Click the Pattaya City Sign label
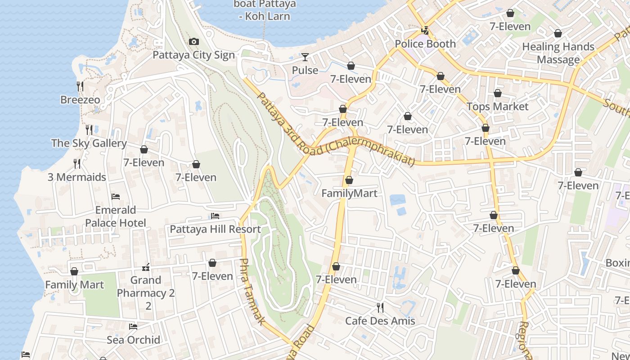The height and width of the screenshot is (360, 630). pos(193,55)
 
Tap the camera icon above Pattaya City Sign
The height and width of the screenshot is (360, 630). pos(194,41)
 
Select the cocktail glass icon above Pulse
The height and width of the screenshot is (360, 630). pos(305,57)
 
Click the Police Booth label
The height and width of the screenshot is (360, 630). pos(425,44)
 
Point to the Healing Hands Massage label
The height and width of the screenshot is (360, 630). pos(558,53)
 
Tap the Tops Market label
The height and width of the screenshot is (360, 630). pos(497,107)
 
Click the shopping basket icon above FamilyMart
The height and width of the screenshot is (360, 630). pos(349,180)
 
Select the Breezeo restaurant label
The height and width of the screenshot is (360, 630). pos(80,99)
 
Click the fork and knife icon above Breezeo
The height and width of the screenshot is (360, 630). pos(80,86)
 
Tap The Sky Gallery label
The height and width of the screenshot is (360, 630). pos(89,143)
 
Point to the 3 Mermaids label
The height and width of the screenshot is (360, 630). pos(77,177)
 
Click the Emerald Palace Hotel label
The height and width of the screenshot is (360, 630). pos(116,216)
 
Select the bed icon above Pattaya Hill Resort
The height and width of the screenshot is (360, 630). pos(215,216)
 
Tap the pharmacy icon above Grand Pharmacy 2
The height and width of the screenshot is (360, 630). pos(146,267)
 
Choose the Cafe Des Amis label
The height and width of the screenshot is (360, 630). pos(380,321)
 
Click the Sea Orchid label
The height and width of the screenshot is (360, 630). pos(133,340)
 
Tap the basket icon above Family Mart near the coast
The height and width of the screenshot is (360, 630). pos(74,271)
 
